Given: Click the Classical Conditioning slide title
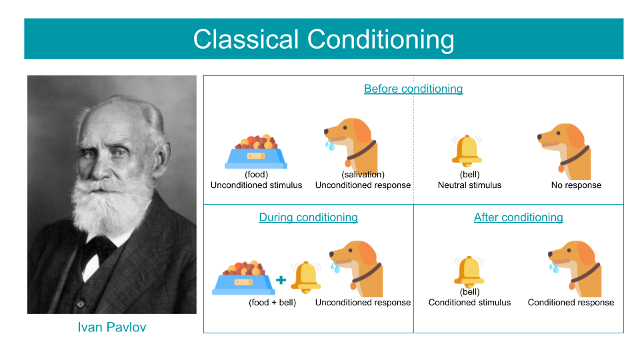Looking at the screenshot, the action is pos(324,39).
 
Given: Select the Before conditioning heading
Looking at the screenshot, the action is pos(413,89).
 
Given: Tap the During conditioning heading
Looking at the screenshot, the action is pos(309,217).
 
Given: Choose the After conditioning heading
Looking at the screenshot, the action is pos(519,217).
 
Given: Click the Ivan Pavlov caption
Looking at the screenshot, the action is pos(112,327).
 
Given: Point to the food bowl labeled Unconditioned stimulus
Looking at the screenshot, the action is pos(256,151).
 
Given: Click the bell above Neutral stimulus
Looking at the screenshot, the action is pos(467,151).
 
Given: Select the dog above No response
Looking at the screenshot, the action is pos(564,151).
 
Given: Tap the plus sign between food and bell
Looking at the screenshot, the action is pos(281,280).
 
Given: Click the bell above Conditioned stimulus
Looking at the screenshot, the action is pos(469,272).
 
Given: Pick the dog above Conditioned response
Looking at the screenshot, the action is pos(575,269).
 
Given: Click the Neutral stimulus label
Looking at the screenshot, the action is pos(469,185).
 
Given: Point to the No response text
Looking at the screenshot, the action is pos(576,185).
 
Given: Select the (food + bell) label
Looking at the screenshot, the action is pos(273,303).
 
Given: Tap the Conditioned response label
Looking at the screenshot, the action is pos(571,303).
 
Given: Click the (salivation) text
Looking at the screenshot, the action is pos(363,175).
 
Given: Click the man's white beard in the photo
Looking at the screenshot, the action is pos(111,200).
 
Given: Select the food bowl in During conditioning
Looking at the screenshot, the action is pos(243,278).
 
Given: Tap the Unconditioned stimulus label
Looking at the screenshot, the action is pos(256,185).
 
